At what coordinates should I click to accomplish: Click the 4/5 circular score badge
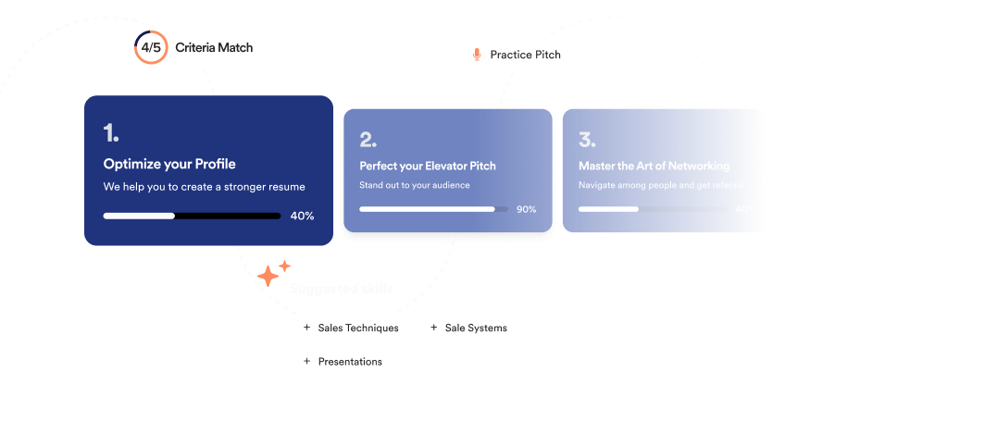click(x=151, y=47)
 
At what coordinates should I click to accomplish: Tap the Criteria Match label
click(x=214, y=47)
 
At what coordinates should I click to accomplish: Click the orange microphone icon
click(x=477, y=55)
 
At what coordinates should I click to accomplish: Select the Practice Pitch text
click(x=525, y=55)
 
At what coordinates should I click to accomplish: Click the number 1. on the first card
click(x=111, y=133)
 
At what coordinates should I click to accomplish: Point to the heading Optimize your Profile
click(x=169, y=165)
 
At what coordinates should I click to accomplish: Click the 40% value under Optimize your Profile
click(x=302, y=216)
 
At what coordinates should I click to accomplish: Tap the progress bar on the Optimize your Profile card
click(x=192, y=216)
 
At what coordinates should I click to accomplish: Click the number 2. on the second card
click(x=368, y=140)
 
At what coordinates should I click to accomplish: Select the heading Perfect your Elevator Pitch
click(x=428, y=167)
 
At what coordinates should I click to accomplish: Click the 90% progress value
click(x=526, y=209)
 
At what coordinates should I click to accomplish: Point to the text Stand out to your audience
click(x=415, y=186)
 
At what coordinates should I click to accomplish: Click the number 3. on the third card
click(x=586, y=140)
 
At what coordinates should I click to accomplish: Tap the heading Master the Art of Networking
click(x=654, y=167)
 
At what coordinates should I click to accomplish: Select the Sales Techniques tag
click(x=357, y=328)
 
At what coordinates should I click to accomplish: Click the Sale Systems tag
click(x=475, y=328)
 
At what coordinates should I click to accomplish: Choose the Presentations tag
click(x=349, y=361)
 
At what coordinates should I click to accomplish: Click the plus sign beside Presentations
click(x=306, y=361)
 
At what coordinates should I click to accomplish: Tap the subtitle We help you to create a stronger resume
click(x=204, y=187)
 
